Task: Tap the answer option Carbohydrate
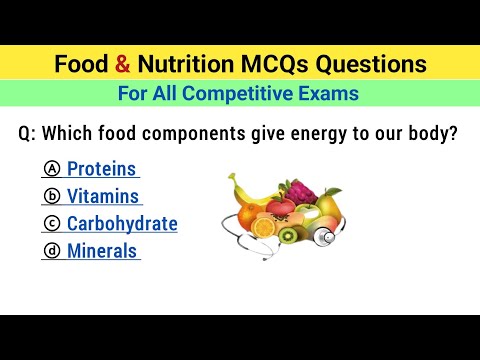coord(122,223)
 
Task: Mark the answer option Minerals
coord(102,251)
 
